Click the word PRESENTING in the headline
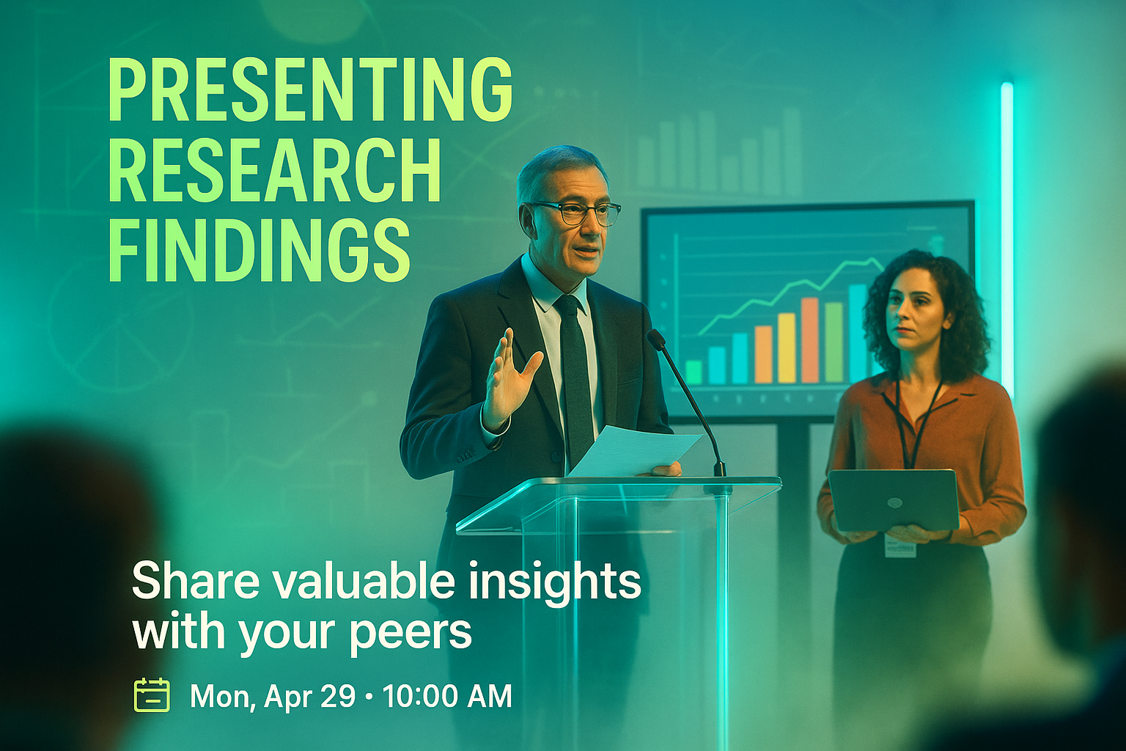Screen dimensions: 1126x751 click(311, 89)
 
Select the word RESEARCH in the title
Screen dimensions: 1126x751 click(274, 170)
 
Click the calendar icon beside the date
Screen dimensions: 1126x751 click(152, 695)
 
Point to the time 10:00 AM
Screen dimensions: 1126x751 click(447, 696)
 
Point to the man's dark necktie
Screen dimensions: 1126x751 click(575, 377)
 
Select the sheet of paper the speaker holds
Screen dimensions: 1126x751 click(634, 450)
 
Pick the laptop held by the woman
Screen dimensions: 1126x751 click(894, 499)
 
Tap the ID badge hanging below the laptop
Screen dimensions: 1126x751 click(900, 546)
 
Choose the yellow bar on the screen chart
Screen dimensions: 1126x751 click(786, 348)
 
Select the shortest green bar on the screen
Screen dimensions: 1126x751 click(693, 372)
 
